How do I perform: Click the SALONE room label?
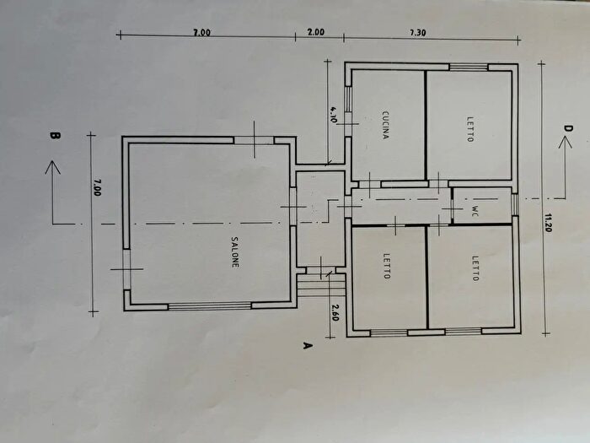tap(235, 252)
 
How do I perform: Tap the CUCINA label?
tap(385, 125)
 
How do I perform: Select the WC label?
tap(475, 211)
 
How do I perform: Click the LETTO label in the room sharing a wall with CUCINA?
tap(470, 129)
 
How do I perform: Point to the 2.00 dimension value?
tap(316, 32)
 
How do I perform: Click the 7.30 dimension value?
tap(418, 33)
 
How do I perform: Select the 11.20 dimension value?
tap(548, 222)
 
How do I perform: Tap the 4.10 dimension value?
tap(334, 115)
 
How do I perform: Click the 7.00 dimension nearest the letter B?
tap(96, 187)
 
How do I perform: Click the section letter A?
tap(308, 345)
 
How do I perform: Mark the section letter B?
tap(55, 136)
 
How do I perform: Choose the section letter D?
tap(568, 128)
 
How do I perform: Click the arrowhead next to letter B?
tap(52, 168)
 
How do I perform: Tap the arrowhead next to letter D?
tap(566, 142)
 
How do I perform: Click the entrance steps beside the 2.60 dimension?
tap(321, 285)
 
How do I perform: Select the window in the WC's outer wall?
tap(515, 205)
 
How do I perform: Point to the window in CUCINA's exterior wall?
tap(348, 100)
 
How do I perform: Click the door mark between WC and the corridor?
tap(451, 208)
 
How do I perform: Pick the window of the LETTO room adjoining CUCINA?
tap(469, 67)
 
